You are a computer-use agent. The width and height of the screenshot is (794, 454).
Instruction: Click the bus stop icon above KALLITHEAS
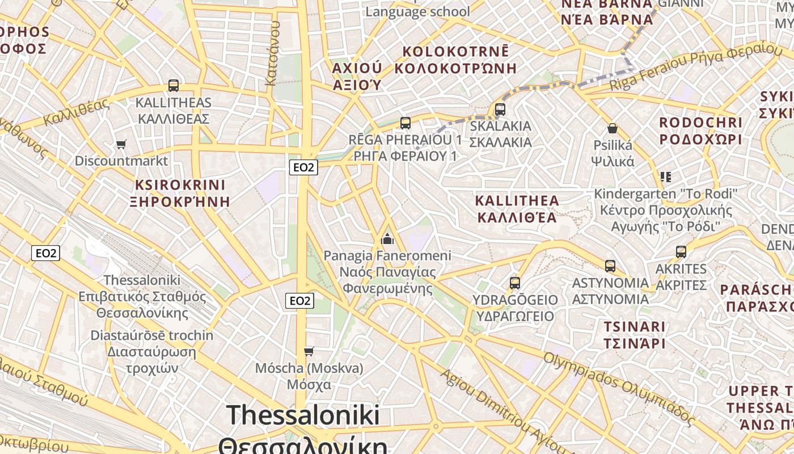(174, 86)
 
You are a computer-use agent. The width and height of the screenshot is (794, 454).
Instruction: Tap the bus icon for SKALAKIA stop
(500, 109)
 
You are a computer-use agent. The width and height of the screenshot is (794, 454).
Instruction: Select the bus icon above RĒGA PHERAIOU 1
(405, 123)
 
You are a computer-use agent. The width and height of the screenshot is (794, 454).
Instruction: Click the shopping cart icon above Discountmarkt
(121, 144)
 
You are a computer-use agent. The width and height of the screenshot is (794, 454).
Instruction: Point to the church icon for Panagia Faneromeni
(387, 238)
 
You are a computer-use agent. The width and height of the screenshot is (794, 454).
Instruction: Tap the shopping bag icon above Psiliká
(613, 128)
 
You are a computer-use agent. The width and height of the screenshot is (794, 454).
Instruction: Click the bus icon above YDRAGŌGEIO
(515, 283)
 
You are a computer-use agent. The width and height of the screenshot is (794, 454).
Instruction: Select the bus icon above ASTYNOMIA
(610, 266)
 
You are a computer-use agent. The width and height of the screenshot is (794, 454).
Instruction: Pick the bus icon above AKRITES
(681, 251)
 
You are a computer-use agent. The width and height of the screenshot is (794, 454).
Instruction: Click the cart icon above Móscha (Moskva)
(309, 351)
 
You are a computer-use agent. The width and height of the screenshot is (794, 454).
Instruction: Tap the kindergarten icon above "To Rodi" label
(666, 177)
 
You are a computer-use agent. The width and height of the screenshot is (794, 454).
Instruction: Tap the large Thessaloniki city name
(303, 415)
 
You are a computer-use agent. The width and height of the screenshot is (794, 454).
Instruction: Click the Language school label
(417, 11)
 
